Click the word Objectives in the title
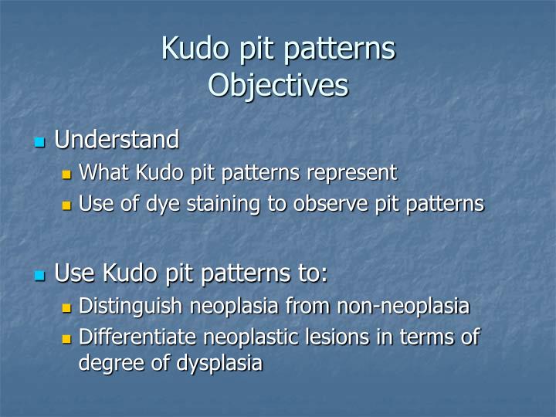[278, 85]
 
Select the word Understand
[117, 140]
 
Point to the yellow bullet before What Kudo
[66, 174]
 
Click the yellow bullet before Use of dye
[66, 205]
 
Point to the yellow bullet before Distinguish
[66, 307]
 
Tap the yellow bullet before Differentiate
[66, 338]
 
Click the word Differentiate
[137, 337]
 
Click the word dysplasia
[219, 363]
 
